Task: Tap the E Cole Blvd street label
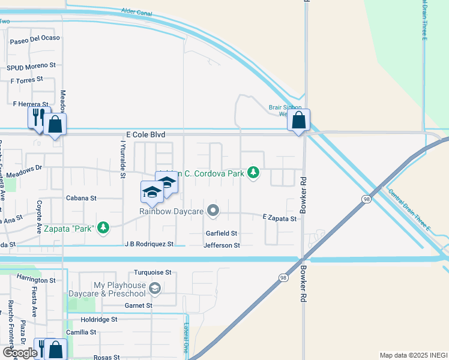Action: tap(145, 136)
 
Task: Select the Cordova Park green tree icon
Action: tap(254, 173)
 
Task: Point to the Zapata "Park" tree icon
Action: tap(104, 227)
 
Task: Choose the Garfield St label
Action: tap(221, 233)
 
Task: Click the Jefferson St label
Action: tap(221, 245)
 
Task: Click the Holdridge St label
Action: tap(99, 320)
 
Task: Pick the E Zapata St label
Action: tap(279, 219)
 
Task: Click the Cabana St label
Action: tap(81, 197)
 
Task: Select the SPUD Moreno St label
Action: tap(31, 65)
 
